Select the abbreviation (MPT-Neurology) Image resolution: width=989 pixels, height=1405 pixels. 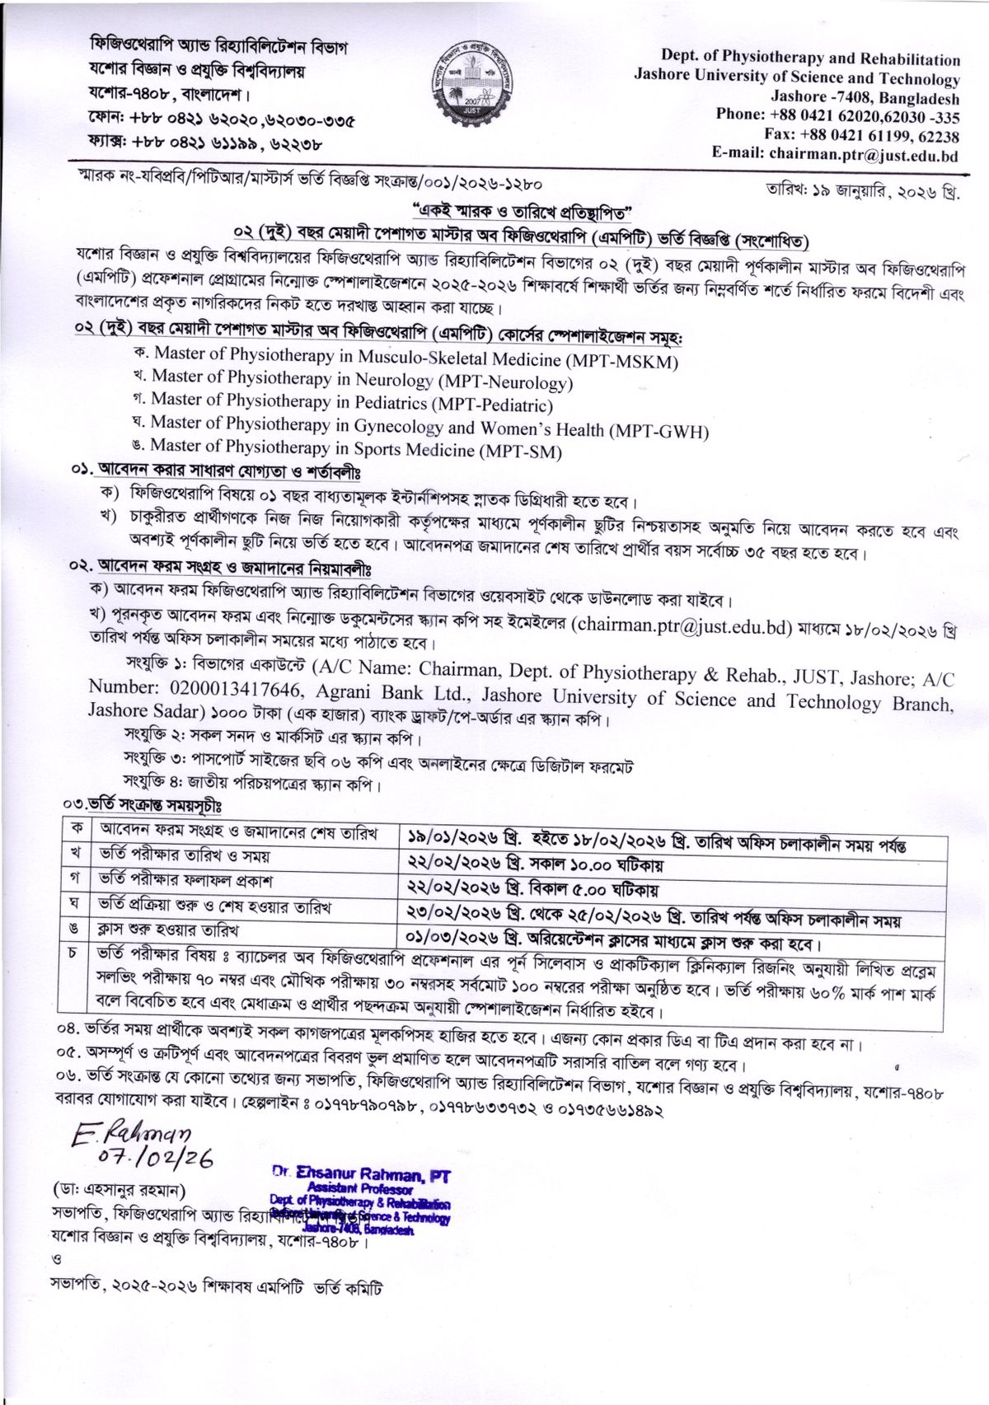pos(504,382)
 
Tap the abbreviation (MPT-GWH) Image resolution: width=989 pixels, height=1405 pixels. pos(659,429)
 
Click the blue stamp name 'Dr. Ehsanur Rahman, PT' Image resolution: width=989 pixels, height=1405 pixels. pos(361,1174)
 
